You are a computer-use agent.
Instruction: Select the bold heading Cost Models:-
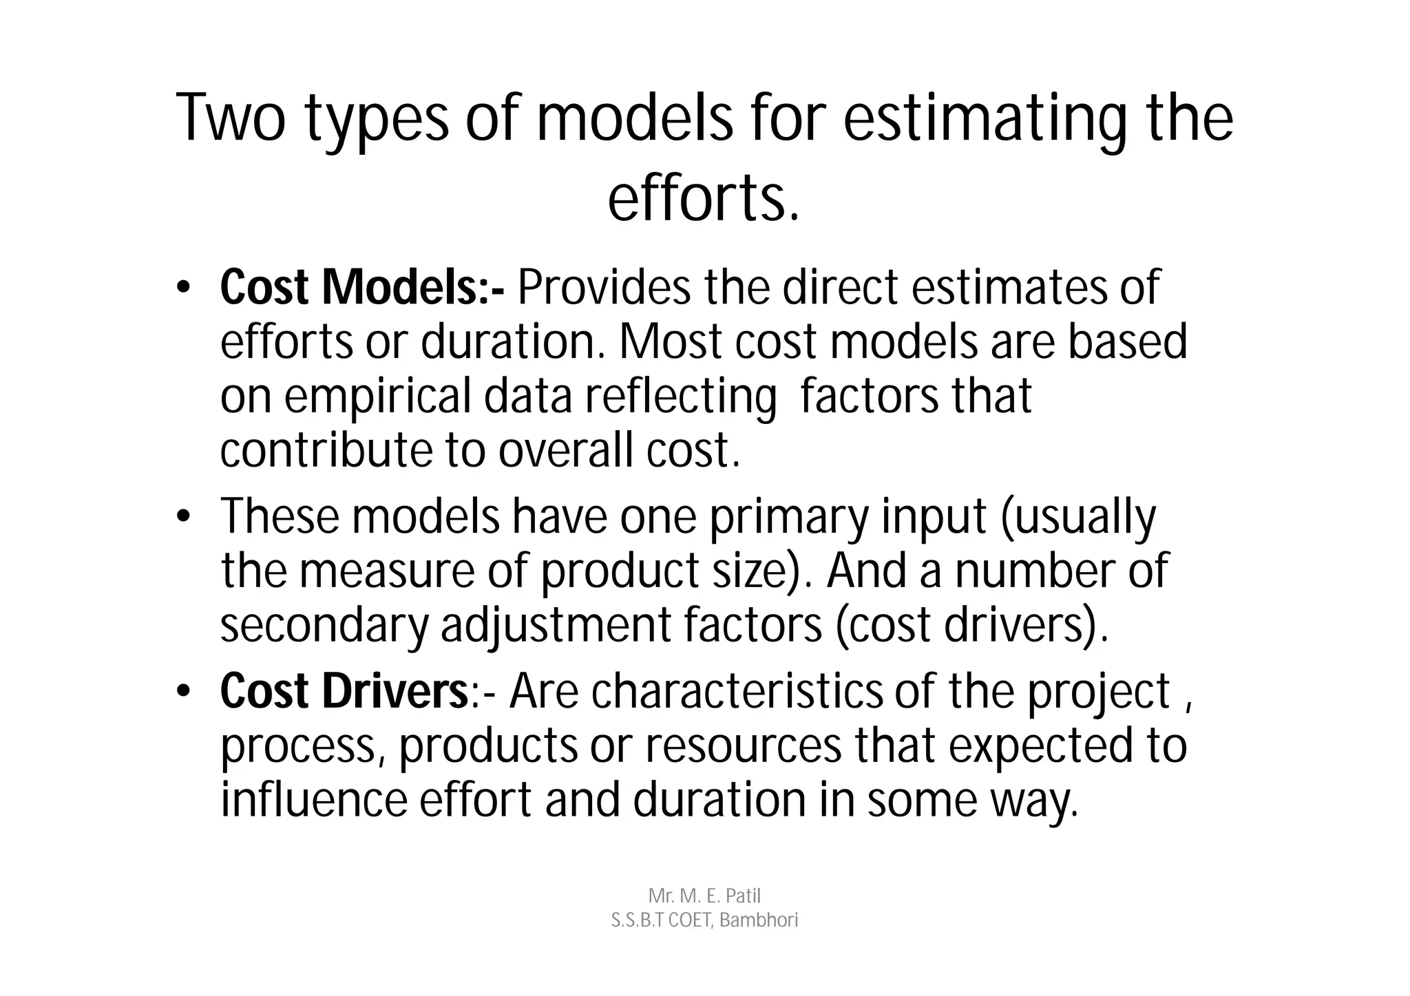point(362,288)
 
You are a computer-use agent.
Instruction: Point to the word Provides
point(603,288)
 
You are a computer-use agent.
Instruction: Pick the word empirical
point(378,397)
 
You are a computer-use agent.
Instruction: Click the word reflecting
point(680,397)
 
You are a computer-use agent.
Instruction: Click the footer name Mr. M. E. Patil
point(704,896)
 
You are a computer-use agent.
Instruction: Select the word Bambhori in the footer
point(758,920)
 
